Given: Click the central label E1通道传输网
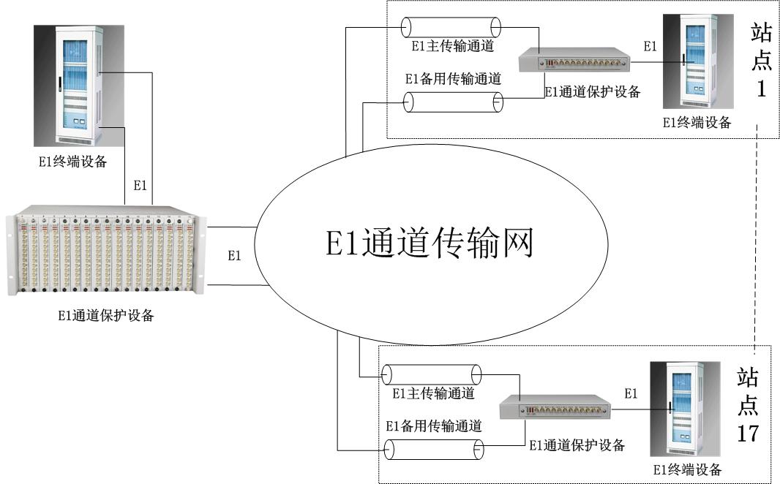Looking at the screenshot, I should [430, 243].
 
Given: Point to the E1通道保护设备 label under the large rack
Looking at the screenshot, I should [107, 317].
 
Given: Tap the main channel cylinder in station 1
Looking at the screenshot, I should [451, 28].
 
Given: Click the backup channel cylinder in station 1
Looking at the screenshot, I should [454, 102].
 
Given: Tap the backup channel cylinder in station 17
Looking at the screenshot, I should [435, 449].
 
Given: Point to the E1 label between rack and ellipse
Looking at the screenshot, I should [234, 256].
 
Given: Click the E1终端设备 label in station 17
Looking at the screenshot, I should [687, 469].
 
